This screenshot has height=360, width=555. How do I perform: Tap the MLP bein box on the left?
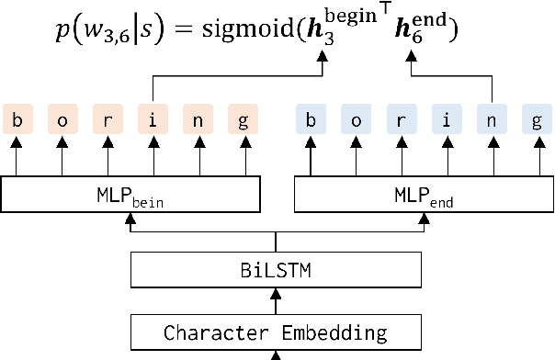pyautogui.click(x=131, y=195)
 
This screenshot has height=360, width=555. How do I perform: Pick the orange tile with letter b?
pyautogui.click(x=17, y=119)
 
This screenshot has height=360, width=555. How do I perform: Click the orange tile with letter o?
pyautogui.click(x=62, y=119)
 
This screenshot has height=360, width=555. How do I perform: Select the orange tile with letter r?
pyautogui.click(x=108, y=119)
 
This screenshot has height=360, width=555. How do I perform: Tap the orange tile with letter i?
pyautogui.click(x=153, y=119)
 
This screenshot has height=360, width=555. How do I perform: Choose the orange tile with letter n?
pyautogui.click(x=198, y=119)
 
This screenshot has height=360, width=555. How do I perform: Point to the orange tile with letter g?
pyautogui.click(x=244, y=119)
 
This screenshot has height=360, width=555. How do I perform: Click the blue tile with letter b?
pyautogui.click(x=310, y=119)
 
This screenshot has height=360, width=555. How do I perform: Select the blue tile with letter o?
pyautogui.click(x=356, y=119)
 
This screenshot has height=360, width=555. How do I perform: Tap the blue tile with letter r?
pyautogui.click(x=401, y=119)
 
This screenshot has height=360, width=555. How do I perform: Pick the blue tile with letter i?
pyautogui.click(x=447, y=119)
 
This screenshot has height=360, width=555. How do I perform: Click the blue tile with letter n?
pyautogui.click(x=492, y=119)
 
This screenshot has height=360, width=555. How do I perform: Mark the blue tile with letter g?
pyautogui.click(x=537, y=119)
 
